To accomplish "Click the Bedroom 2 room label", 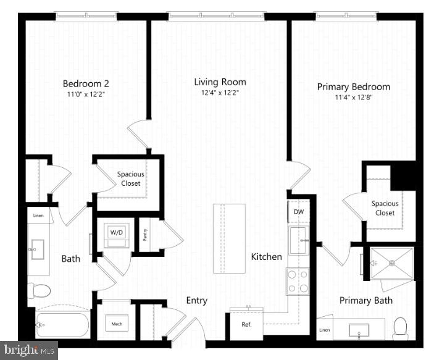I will pos(86,83).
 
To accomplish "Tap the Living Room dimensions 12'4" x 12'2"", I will pos(220,93).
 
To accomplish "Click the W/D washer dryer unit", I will pos(116,233).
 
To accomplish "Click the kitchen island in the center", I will pos(229,238).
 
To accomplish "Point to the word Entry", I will pos(196,301).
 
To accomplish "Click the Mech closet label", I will pos(116,324).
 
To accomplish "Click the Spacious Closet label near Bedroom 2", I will pos(130,178).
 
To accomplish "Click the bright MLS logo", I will pos(29,350).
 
